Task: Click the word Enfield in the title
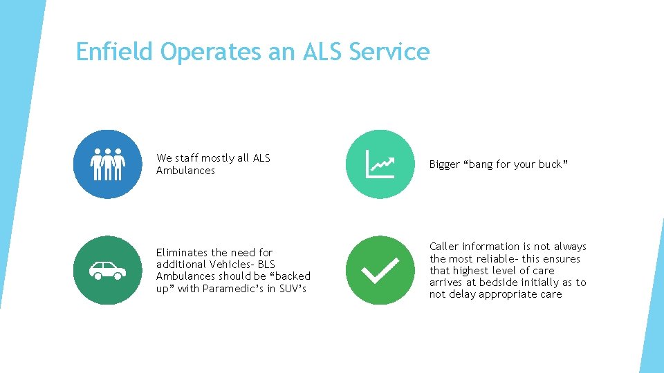[115, 52]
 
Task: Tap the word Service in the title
[389, 52]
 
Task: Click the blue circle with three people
[107, 164]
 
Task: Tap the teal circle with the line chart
[380, 164]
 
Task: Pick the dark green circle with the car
[107, 270]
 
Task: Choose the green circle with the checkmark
[380, 270]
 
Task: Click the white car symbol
[107, 270]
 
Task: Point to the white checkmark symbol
[380, 271]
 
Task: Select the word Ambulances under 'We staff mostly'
[185, 171]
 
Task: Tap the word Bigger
[445, 164]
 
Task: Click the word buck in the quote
[551, 164]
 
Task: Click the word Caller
[444, 247]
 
